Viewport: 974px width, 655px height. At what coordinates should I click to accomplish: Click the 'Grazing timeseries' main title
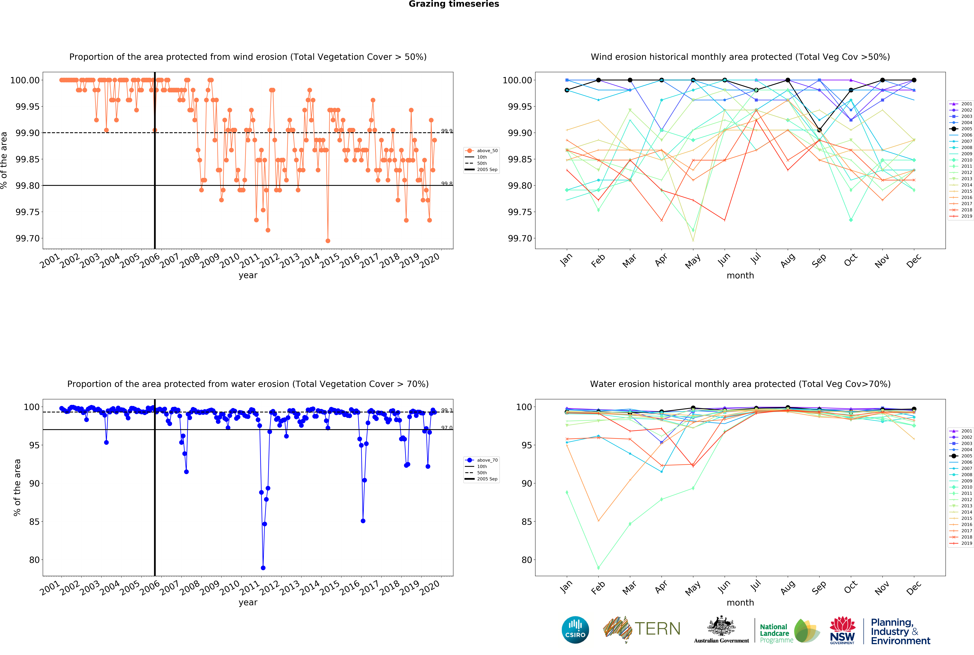pyautogui.click(x=454, y=4)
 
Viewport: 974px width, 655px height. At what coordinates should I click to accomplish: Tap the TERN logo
pyautogui.click(x=641, y=629)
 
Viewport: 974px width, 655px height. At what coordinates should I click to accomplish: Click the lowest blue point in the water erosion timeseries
pyautogui.click(x=263, y=568)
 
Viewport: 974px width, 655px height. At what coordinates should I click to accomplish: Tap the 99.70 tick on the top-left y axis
pyautogui.click(x=28, y=239)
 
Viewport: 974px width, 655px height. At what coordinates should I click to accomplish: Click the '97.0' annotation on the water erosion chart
pyautogui.click(x=447, y=428)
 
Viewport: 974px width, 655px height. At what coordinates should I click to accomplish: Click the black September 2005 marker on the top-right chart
pyautogui.click(x=819, y=130)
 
